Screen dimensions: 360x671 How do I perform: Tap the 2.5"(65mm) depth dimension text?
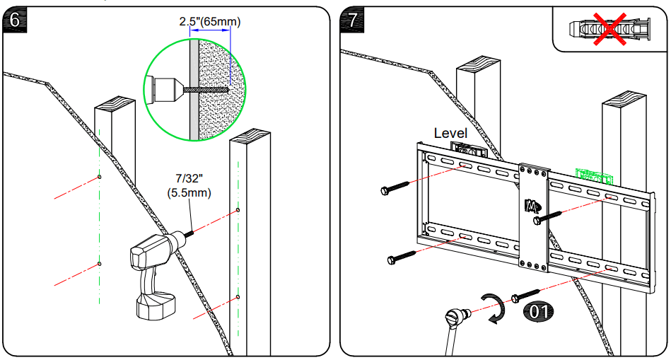[209, 22]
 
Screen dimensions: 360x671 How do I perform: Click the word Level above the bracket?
[450, 133]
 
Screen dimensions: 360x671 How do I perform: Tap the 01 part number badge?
[539, 310]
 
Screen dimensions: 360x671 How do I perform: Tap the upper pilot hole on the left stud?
[100, 176]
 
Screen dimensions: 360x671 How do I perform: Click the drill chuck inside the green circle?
[165, 90]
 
